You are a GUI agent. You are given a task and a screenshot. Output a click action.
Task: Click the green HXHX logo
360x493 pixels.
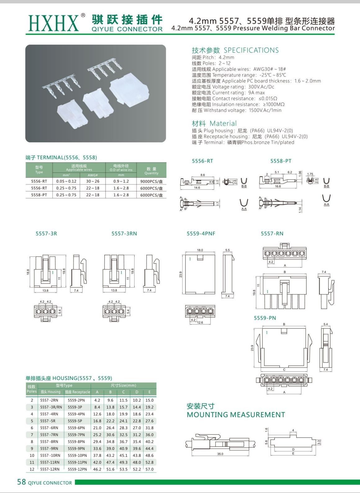[x=53, y=23]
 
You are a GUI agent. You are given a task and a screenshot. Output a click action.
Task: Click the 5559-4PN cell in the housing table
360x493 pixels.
[x=76, y=414]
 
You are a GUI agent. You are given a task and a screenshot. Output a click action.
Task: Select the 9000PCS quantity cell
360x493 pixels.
[x=151, y=181]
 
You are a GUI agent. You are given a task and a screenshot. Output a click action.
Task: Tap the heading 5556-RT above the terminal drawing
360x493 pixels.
[x=203, y=161]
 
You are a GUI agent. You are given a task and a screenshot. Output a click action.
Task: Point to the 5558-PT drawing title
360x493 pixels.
[x=281, y=161]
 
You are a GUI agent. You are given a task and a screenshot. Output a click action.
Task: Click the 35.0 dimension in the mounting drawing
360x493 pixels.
[x=220, y=454]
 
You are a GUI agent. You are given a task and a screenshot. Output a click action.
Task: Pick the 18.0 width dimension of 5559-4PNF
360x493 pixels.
[x=200, y=250]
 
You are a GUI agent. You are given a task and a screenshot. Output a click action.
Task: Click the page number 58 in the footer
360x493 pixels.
[x=21, y=482]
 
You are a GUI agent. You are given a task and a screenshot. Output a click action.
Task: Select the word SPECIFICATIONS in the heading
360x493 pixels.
[x=251, y=50]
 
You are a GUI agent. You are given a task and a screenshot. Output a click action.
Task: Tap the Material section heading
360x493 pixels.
[x=214, y=123]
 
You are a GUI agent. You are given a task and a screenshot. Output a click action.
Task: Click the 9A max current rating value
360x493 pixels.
[x=257, y=93]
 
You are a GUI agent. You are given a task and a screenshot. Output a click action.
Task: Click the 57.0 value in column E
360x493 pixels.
[x=149, y=469]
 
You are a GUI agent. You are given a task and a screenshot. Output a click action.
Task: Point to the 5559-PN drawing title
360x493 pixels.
[x=265, y=318]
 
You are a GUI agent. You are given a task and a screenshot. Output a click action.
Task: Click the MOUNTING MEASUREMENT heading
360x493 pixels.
[x=236, y=415]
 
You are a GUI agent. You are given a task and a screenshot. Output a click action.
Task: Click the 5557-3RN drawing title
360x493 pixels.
[x=124, y=234]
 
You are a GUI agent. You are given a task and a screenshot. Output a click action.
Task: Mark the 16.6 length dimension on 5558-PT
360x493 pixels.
[x=278, y=186]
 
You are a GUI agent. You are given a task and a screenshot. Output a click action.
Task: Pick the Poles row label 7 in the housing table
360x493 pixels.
[x=32, y=435]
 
